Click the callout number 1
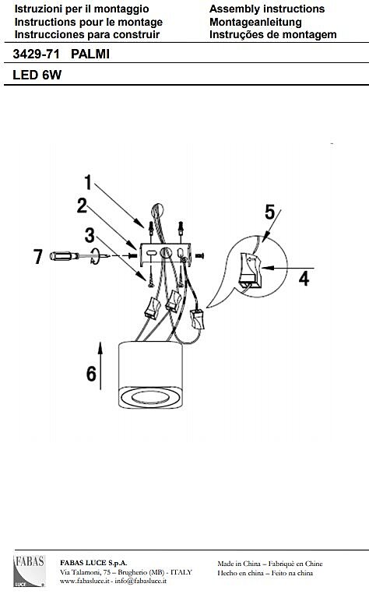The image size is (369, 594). [88, 182]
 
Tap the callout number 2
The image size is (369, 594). [82, 206]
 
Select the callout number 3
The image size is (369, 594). [90, 235]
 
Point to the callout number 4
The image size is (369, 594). [304, 279]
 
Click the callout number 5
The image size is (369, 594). [269, 212]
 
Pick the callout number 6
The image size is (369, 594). [91, 374]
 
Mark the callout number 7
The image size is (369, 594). [38, 256]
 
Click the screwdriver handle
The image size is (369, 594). [64, 256]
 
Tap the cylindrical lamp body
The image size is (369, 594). [150, 374]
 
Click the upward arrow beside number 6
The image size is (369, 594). [100, 366]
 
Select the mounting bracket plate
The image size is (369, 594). [165, 255]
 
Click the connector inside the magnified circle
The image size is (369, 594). [250, 269]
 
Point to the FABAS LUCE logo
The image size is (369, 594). [30, 571]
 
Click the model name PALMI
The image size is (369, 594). [90, 54]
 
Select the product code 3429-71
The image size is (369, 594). [36, 54]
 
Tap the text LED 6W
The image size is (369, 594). [37, 75]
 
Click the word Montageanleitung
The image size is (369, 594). [255, 22]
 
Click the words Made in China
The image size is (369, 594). [239, 564]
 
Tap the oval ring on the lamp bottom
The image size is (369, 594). [151, 397]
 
